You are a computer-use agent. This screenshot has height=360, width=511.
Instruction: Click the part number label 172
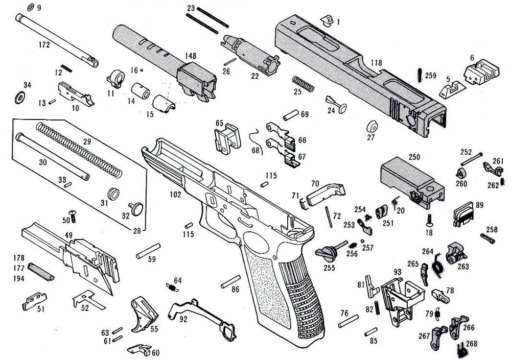44,45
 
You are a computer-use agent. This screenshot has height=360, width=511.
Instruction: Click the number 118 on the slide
376,62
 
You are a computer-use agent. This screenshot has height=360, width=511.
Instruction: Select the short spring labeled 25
302,83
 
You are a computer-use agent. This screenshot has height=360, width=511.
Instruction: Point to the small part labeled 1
326,20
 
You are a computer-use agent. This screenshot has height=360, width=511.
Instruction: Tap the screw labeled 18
429,221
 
